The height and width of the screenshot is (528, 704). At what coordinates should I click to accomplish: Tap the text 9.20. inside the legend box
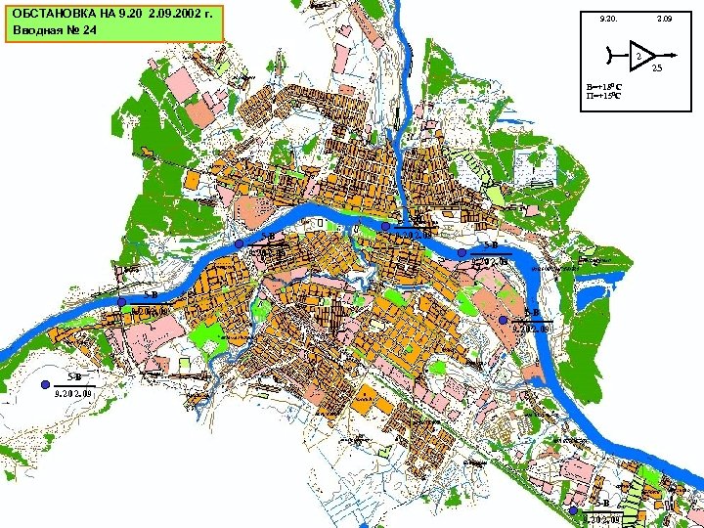point(609,19)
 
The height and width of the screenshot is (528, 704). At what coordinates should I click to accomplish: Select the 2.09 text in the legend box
point(666,19)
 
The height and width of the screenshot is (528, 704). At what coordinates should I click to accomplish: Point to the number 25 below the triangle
point(657,67)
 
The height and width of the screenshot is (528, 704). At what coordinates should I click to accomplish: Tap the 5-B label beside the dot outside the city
point(73,376)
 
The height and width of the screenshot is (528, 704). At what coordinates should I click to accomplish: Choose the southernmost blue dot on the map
point(573,510)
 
